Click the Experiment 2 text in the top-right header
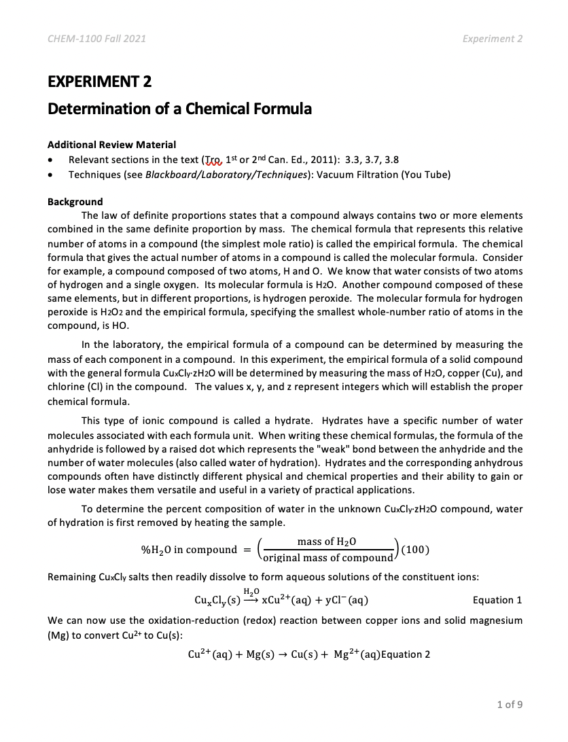493,39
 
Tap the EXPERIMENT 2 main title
99,82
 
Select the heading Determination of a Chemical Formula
179,109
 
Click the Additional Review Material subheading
111,145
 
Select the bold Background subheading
75,202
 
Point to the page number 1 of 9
510,705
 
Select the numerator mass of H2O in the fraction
327,542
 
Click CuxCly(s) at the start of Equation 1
217,601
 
